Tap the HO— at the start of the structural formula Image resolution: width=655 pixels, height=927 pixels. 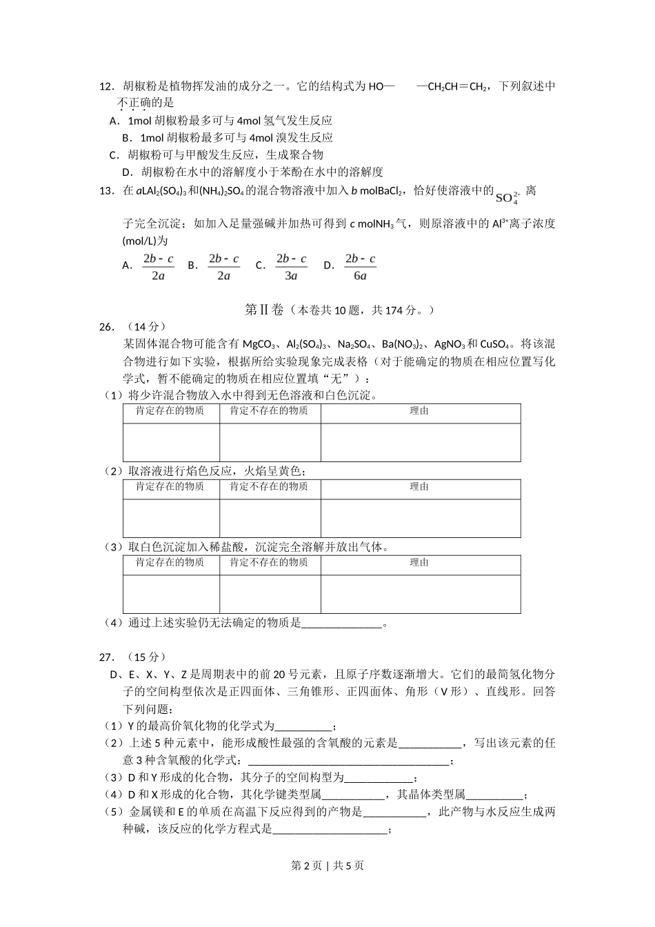pos(382,86)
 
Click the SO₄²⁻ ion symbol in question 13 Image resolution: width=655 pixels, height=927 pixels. pos(507,197)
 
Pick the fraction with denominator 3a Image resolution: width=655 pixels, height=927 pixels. pos(291,267)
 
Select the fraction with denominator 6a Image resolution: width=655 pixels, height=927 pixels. pos(360,267)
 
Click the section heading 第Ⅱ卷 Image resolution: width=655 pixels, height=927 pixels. pos(265,310)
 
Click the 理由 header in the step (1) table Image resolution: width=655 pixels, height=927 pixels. pos(420,411)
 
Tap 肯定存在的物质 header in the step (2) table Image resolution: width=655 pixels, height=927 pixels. pos(170,487)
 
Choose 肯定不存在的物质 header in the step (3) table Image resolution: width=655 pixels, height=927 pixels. pos(269,563)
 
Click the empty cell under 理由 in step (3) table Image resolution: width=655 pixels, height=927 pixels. pos(420,594)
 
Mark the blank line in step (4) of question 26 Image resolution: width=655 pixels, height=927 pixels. pos(342,624)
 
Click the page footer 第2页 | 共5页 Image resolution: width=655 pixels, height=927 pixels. pos(327,866)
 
